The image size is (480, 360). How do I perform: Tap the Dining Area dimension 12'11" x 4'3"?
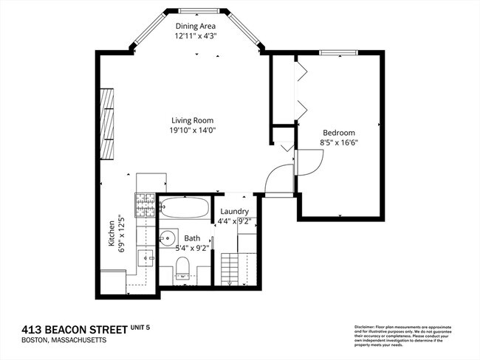[x=196, y=35]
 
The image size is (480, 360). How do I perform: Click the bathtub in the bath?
[x=184, y=207]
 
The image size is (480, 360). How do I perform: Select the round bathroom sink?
[x=168, y=238]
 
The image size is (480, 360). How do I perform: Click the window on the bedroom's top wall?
[x=339, y=52]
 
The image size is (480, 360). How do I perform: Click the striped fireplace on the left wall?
[x=109, y=124]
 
